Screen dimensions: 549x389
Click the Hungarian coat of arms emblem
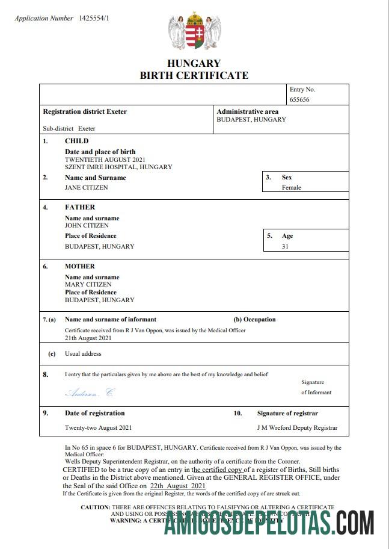tap(194, 31)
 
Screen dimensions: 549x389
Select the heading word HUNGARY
tap(194, 63)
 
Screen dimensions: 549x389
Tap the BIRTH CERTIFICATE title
tap(194, 75)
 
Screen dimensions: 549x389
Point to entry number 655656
tap(299, 100)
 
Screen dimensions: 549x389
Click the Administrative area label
tap(247, 111)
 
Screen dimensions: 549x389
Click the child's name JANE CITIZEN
tap(87, 187)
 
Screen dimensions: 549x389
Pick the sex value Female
tap(292, 187)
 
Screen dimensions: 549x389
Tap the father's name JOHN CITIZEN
tap(87, 226)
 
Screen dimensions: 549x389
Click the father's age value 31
tap(285, 246)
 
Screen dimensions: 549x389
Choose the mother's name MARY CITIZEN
tap(88, 284)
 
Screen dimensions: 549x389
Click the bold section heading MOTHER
tap(80, 266)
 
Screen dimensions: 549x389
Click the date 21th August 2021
tap(88, 337)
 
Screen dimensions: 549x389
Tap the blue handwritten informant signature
tap(89, 392)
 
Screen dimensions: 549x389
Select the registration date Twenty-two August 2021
tap(98, 428)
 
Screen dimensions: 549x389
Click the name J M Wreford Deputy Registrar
tap(297, 428)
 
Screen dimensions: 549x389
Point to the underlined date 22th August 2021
tap(178, 486)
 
